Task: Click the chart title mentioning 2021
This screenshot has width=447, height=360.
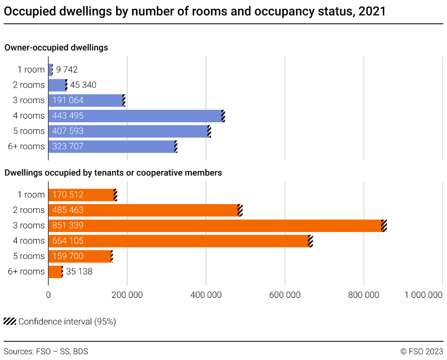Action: coord(194,11)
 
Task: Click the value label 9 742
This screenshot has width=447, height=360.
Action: coord(67,70)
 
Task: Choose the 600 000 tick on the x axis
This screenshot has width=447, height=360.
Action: coord(285,295)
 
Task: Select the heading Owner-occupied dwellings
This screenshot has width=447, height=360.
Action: coord(56,48)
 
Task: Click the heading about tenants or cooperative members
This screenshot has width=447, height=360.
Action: coord(113,172)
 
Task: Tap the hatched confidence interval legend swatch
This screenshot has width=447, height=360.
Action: coord(9,321)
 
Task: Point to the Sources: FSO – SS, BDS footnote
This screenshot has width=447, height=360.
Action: coord(46,351)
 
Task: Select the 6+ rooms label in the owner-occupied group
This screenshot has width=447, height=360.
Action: coord(26,147)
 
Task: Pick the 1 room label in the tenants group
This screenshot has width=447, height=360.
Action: coord(31,195)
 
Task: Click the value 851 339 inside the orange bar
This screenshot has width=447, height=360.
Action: coord(68,225)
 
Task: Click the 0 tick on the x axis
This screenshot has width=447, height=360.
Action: coord(48,295)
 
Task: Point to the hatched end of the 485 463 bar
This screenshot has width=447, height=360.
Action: coord(240,210)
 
